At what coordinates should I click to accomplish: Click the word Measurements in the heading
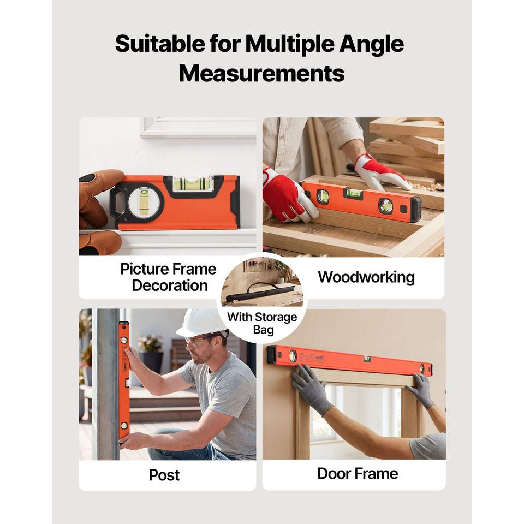click(261, 74)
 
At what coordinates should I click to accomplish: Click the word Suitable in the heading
click(160, 44)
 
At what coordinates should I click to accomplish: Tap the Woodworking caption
click(366, 277)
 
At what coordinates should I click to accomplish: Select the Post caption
click(164, 475)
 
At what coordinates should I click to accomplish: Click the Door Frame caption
click(358, 474)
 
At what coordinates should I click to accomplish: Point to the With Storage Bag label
click(263, 323)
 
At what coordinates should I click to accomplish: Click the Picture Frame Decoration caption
click(169, 277)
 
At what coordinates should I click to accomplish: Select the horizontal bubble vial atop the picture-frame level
click(193, 184)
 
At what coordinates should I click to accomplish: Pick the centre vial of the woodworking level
click(353, 193)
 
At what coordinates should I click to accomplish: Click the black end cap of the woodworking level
click(416, 210)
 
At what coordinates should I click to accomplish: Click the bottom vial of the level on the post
click(124, 426)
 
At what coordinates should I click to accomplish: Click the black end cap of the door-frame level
click(271, 355)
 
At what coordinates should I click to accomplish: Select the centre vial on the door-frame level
click(367, 359)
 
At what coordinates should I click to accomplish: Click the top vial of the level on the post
click(124, 340)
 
